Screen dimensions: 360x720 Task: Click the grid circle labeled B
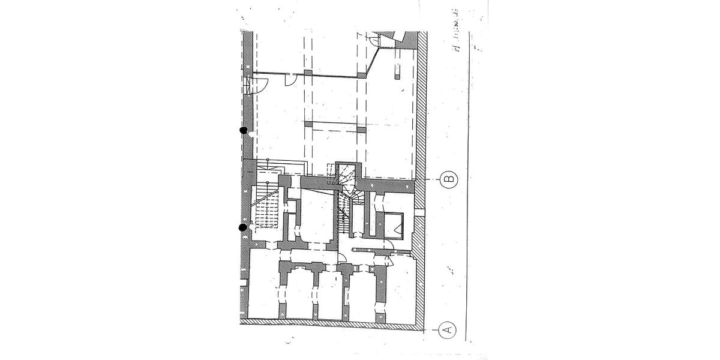(448, 179)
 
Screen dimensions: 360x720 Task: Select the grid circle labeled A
(446, 329)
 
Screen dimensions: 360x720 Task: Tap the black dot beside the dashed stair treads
(243, 227)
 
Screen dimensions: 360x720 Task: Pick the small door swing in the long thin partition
(290, 79)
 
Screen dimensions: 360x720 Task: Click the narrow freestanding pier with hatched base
(397, 71)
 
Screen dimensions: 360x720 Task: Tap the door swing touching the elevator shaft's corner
(388, 244)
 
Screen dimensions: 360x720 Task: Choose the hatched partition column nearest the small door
(307, 73)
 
